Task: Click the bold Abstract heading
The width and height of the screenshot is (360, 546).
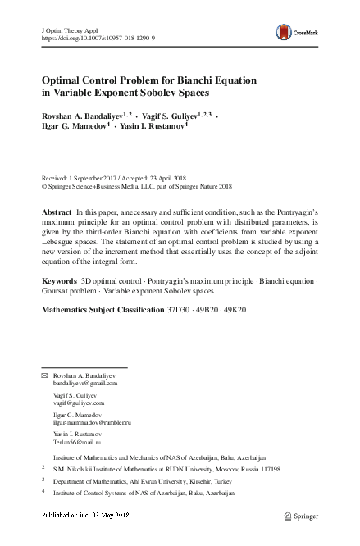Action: click(x=57, y=212)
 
